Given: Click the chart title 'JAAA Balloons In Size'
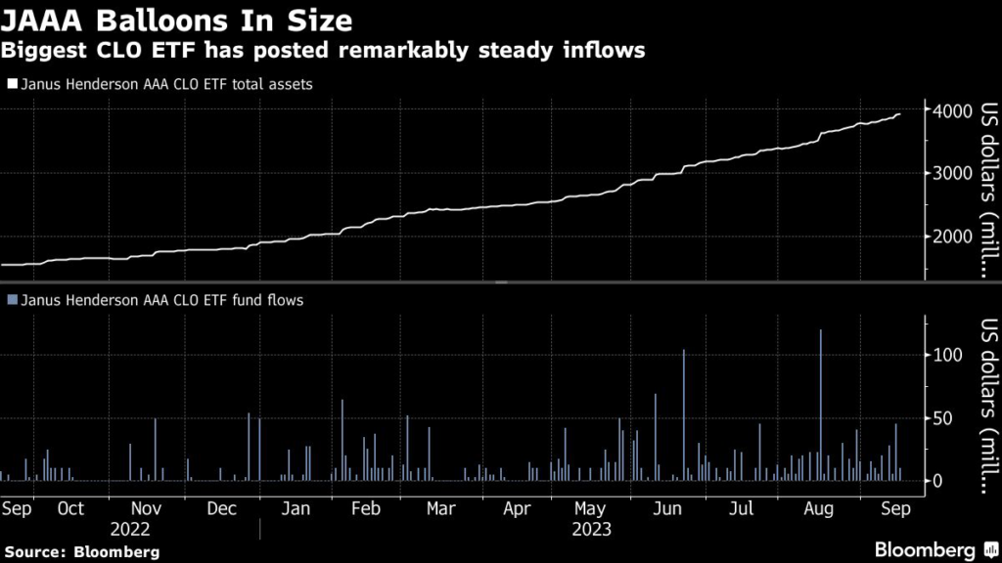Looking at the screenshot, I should coord(177,19).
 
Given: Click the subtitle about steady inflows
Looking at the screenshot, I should coord(323,51).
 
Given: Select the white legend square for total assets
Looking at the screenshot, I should coord(12,84).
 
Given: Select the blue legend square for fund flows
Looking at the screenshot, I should coord(12,300).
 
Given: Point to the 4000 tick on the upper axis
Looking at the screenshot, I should coord(953,110).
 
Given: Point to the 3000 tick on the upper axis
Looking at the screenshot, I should coord(953,174).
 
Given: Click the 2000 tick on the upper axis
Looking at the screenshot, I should coord(953,237).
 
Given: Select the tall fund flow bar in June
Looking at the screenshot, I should coord(684,414).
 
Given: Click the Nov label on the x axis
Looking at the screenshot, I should coord(146,508).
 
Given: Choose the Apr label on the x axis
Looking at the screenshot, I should coord(517,508).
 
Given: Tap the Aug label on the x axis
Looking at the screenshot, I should coord(818,508).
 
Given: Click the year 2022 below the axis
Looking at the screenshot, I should coord(130,529).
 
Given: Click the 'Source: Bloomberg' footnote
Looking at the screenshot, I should coord(80,551).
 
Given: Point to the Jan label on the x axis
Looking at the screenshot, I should coord(296,508).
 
